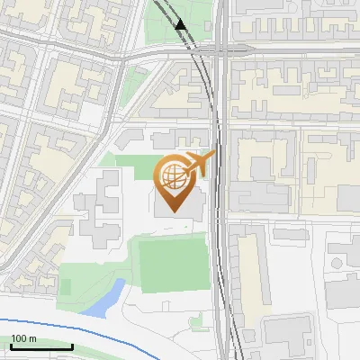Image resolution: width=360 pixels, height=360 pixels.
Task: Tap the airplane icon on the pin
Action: point(200,164)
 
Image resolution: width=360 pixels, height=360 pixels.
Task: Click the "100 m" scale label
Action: point(24,338)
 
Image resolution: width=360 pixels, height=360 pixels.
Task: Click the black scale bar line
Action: point(41,346)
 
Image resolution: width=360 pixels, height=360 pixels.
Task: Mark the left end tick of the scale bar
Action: point(12,345)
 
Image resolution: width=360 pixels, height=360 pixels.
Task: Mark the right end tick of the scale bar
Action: point(72,345)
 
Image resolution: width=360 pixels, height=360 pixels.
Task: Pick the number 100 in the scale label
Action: point(20,338)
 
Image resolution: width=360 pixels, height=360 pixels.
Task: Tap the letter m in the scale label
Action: point(33,338)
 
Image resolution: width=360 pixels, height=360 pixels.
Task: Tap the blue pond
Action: point(107,298)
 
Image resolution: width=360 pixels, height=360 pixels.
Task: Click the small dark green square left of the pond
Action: point(65,287)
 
